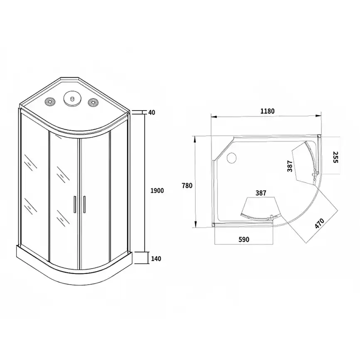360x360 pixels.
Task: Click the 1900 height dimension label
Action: (x=157, y=190)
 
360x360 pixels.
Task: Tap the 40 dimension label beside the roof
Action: (x=152, y=113)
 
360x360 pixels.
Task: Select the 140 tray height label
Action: (x=156, y=259)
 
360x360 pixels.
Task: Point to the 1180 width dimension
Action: (x=267, y=111)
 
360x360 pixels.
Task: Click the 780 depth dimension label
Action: (x=187, y=185)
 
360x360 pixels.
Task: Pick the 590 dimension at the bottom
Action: (x=244, y=240)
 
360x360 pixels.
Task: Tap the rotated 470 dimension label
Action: (x=319, y=223)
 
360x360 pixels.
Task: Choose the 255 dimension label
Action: (x=335, y=157)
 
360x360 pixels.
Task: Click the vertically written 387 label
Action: (x=290, y=166)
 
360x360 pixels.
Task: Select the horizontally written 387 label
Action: (x=261, y=193)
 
